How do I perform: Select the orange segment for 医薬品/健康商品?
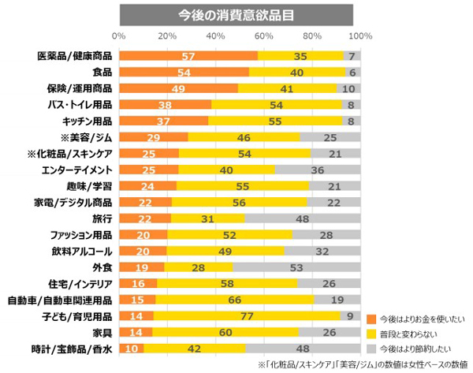[188, 56]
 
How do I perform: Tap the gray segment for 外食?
[296, 267]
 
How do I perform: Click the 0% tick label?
[120, 35]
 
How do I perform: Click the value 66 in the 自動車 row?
[233, 300]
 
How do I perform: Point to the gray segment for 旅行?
[302, 218]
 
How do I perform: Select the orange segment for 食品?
[184, 73]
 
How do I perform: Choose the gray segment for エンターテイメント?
[317, 170]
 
